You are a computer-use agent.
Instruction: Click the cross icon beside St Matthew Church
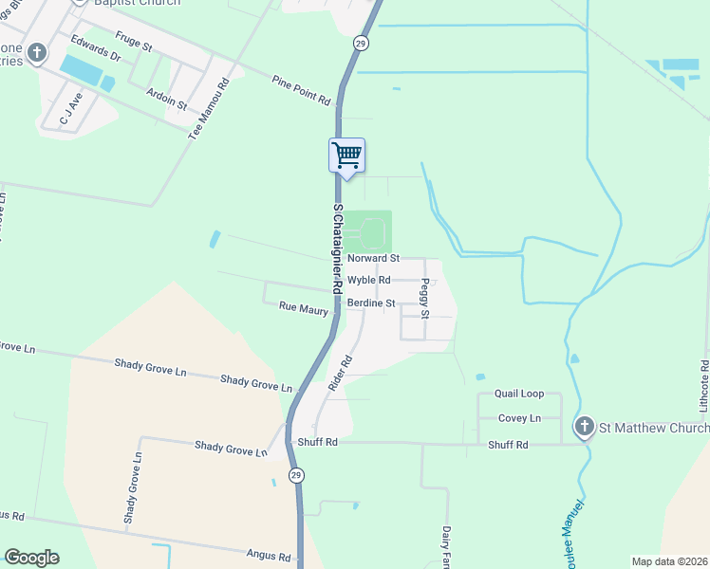tap(585, 428)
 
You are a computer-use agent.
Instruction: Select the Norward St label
tap(373, 258)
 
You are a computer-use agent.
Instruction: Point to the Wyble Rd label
tap(368, 280)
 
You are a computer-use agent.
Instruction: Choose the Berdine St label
tap(370, 303)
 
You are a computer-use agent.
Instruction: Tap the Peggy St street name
tap(426, 299)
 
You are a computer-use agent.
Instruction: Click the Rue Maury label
tap(303, 307)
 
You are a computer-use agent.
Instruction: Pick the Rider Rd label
tap(341, 374)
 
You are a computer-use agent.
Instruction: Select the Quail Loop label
tap(519, 394)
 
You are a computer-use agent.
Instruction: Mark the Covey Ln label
tap(520, 418)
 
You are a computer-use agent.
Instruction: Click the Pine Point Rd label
tap(300, 90)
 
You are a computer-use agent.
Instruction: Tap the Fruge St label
tap(134, 42)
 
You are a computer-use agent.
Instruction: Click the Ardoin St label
tap(169, 99)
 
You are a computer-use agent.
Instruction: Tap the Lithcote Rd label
tap(704, 385)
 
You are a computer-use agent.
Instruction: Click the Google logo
tap(31, 558)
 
